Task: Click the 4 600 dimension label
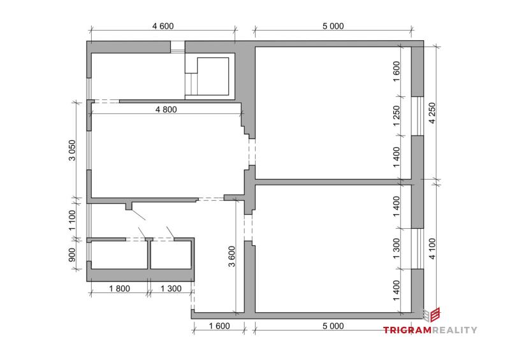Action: click(x=163, y=26)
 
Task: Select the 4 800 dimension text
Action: click(x=166, y=110)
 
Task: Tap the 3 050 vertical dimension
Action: click(x=72, y=150)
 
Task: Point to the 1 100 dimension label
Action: click(x=72, y=220)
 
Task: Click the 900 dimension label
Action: click(x=72, y=255)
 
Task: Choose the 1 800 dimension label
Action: click(x=119, y=289)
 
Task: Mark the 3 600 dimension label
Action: click(x=231, y=257)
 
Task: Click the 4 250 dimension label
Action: click(x=432, y=113)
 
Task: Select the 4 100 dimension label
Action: click(x=432, y=248)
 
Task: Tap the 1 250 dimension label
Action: click(x=397, y=116)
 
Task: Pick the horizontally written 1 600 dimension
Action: click(x=219, y=326)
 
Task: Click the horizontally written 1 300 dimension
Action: click(x=171, y=289)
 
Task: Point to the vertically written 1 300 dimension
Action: click(x=397, y=248)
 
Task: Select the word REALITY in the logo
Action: click(x=455, y=330)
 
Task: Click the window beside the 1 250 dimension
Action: click(x=418, y=116)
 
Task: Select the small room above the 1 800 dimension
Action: click(x=119, y=255)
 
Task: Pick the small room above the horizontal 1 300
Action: click(x=171, y=255)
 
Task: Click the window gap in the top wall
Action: click(x=178, y=47)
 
